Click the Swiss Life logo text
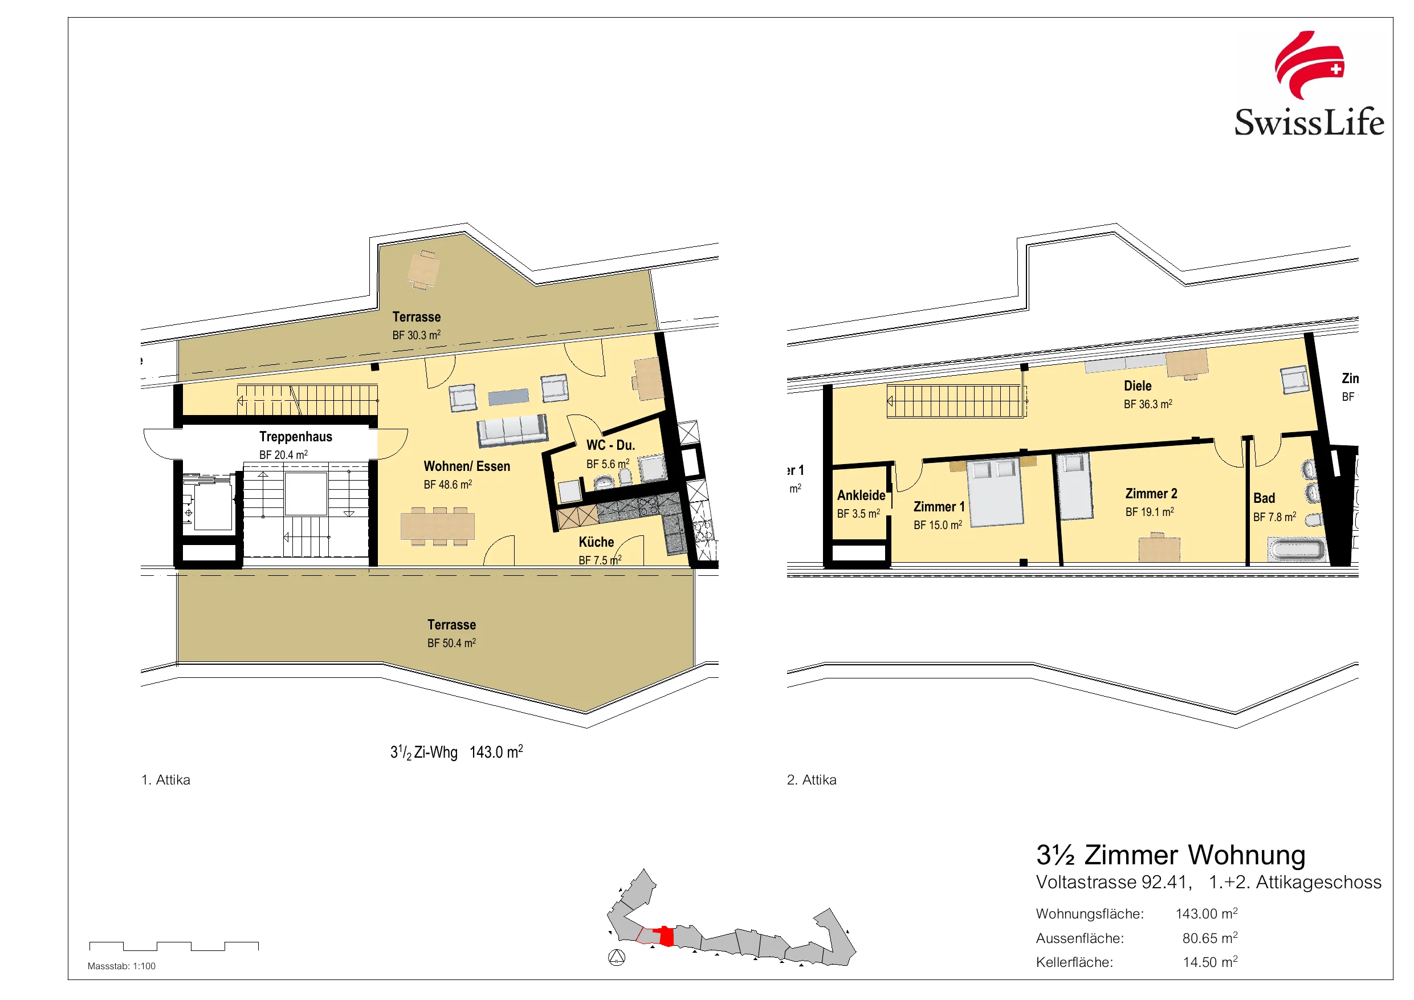(1309, 122)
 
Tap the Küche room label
(596, 542)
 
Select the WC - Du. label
(610, 445)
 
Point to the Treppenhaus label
(296, 436)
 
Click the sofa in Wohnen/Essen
(512, 429)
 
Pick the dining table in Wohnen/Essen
(437, 526)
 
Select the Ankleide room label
(861, 495)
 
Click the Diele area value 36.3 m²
(1148, 404)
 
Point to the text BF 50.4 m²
(451, 643)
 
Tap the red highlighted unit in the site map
(665, 936)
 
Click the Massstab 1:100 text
(121, 966)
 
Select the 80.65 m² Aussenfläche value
(1209, 938)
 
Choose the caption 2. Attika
(812, 779)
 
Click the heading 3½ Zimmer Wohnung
(1171, 855)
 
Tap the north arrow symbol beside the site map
(617, 957)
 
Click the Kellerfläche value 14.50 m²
(1210, 962)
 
